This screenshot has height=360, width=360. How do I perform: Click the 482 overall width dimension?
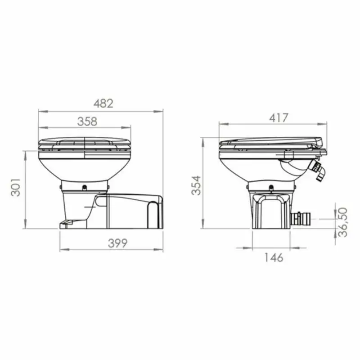click(x=103, y=103)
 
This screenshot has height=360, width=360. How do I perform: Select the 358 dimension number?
click(x=87, y=121)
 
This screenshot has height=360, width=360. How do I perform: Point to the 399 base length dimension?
click(x=117, y=243)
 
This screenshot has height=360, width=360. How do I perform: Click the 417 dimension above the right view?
click(x=278, y=118)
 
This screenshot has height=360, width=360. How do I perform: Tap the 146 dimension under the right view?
click(x=273, y=257)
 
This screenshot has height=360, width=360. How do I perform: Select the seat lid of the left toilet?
click(x=85, y=143)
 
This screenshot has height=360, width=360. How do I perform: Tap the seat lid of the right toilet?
click(x=270, y=143)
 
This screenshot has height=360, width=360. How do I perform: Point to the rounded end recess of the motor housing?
click(x=154, y=211)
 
